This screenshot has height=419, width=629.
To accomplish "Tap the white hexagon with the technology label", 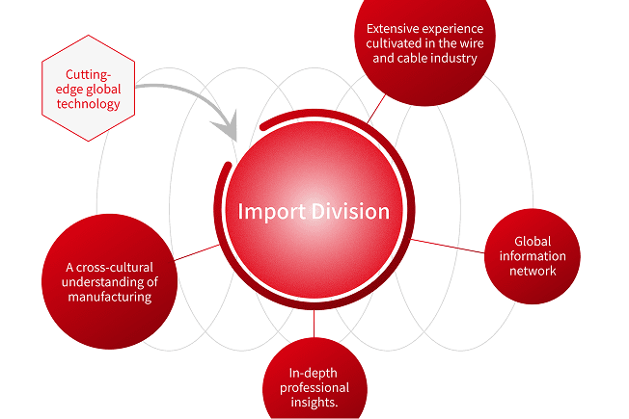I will point(89,88).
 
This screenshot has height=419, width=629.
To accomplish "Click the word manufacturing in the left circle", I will point(109,297).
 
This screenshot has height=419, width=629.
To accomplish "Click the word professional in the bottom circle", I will point(314,387).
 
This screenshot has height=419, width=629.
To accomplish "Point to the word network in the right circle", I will point(533,271).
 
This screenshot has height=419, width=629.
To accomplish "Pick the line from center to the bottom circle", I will point(314,325).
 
